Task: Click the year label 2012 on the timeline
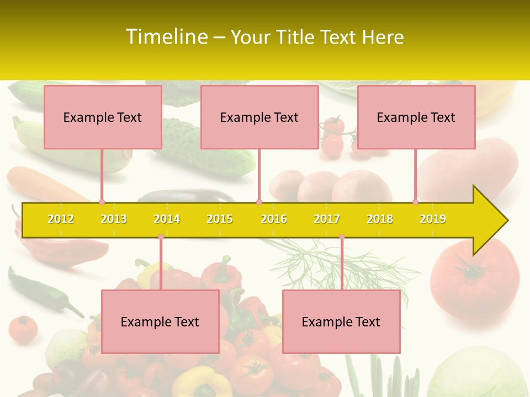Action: tap(61, 219)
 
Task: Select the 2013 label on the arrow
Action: tap(114, 219)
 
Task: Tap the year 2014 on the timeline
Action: tap(167, 219)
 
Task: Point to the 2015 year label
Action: tap(220, 219)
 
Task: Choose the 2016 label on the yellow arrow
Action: tap(274, 219)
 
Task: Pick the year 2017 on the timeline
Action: tap(327, 219)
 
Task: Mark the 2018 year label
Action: tap(380, 219)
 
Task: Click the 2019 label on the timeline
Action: tap(433, 219)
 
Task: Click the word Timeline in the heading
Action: tap(166, 37)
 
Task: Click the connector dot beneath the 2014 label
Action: tap(161, 237)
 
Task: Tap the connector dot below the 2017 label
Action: tap(342, 237)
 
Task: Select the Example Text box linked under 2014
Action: tap(160, 321)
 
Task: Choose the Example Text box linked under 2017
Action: tap(341, 321)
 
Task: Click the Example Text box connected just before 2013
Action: tap(103, 117)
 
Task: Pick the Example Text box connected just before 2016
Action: tap(259, 117)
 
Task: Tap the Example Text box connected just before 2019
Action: tap(416, 117)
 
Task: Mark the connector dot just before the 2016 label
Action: tap(259, 202)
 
